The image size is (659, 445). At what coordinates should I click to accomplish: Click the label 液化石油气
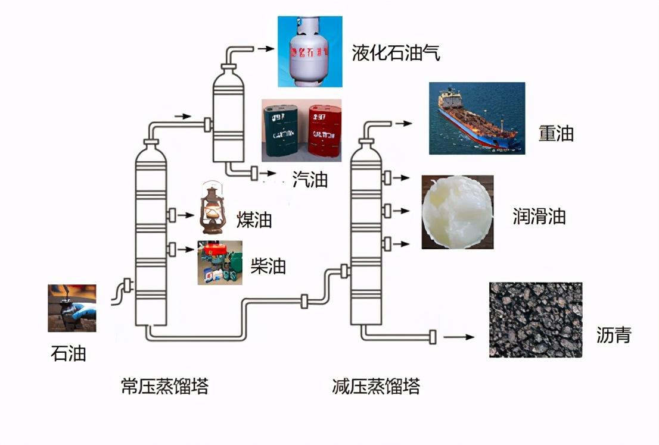396,53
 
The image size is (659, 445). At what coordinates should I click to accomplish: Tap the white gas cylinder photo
310,52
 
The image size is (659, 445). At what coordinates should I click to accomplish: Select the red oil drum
324,131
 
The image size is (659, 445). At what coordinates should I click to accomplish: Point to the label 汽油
310,179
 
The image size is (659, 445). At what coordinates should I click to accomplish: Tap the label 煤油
254,220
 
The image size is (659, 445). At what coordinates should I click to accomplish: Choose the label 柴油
268,266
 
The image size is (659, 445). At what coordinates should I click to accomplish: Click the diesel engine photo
220,262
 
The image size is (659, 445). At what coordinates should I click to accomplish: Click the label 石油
69,353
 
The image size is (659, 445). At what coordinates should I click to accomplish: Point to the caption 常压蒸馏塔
164,387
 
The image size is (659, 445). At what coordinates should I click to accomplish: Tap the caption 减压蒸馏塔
376,387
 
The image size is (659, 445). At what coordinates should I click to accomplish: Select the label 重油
556,133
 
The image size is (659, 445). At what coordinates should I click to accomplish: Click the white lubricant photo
457,212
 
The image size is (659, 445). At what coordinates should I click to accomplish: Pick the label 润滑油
539,217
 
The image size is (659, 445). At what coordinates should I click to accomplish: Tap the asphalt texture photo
535,319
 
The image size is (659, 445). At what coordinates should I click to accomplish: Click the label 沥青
613,336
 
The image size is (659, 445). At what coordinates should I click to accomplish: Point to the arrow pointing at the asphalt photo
459,337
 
